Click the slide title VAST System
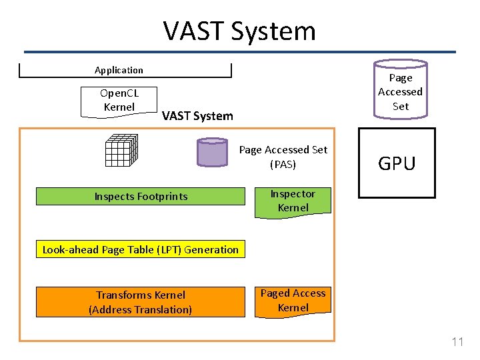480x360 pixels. tap(239, 31)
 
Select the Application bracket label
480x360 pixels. tap(119, 70)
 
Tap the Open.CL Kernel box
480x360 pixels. tap(119, 101)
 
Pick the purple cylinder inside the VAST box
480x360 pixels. tap(213, 152)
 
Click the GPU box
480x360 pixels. tap(397, 163)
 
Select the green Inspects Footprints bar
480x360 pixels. tap(141, 196)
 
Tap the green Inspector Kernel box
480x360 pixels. tap(293, 201)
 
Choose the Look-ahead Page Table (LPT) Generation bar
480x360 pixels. tap(141, 250)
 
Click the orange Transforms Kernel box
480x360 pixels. tap(140, 302)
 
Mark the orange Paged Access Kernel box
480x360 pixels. tap(293, 301)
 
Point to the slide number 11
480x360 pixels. tap(457, 342)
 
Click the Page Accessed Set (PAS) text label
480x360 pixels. tap(283, 157)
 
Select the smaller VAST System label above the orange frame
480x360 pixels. tap(197, 116)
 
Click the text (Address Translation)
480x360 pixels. tap(140, 309)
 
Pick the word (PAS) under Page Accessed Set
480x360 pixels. tap(283, 164)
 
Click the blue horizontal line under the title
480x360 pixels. tap(239, 51)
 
